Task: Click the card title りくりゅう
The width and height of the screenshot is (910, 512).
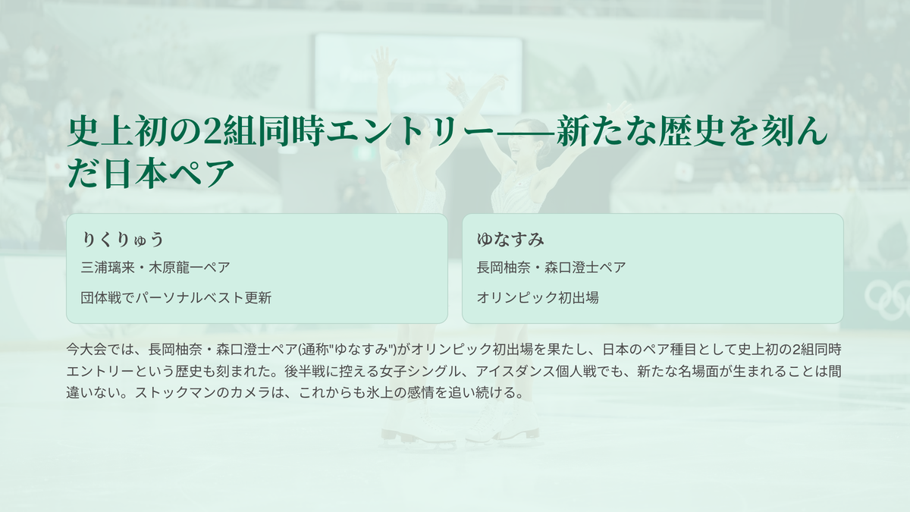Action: (122, 239)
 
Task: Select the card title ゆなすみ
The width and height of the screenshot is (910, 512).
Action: (510, 239)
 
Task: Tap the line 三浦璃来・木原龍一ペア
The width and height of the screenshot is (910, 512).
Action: (155, 268)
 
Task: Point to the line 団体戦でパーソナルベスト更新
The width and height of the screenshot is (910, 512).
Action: (176, 298)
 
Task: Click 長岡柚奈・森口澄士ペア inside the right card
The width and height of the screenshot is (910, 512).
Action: (551, 268)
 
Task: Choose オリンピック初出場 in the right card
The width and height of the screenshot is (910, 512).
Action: (538, 298)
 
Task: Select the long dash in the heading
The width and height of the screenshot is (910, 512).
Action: (525, 132)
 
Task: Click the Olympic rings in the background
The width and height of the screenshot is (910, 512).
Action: (887, 300)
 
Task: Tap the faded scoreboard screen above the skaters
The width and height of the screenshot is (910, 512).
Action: (419, 73)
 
